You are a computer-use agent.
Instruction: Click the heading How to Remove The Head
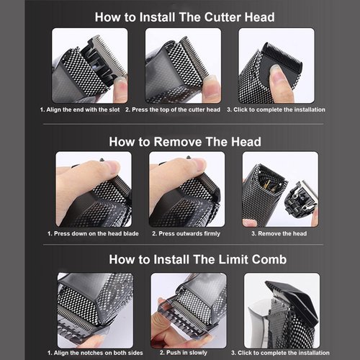pyautogui.click(x=184, y=141)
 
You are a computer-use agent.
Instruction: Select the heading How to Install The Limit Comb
pyautogui.click(x=185, y=259)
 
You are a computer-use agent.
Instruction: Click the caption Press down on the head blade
pyautogui.click(x=93, y=233)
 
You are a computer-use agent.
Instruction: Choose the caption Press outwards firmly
pyautogui.click(x=183, y=233)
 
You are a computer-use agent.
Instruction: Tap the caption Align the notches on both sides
pyautogui.click(x=93, y=353)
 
